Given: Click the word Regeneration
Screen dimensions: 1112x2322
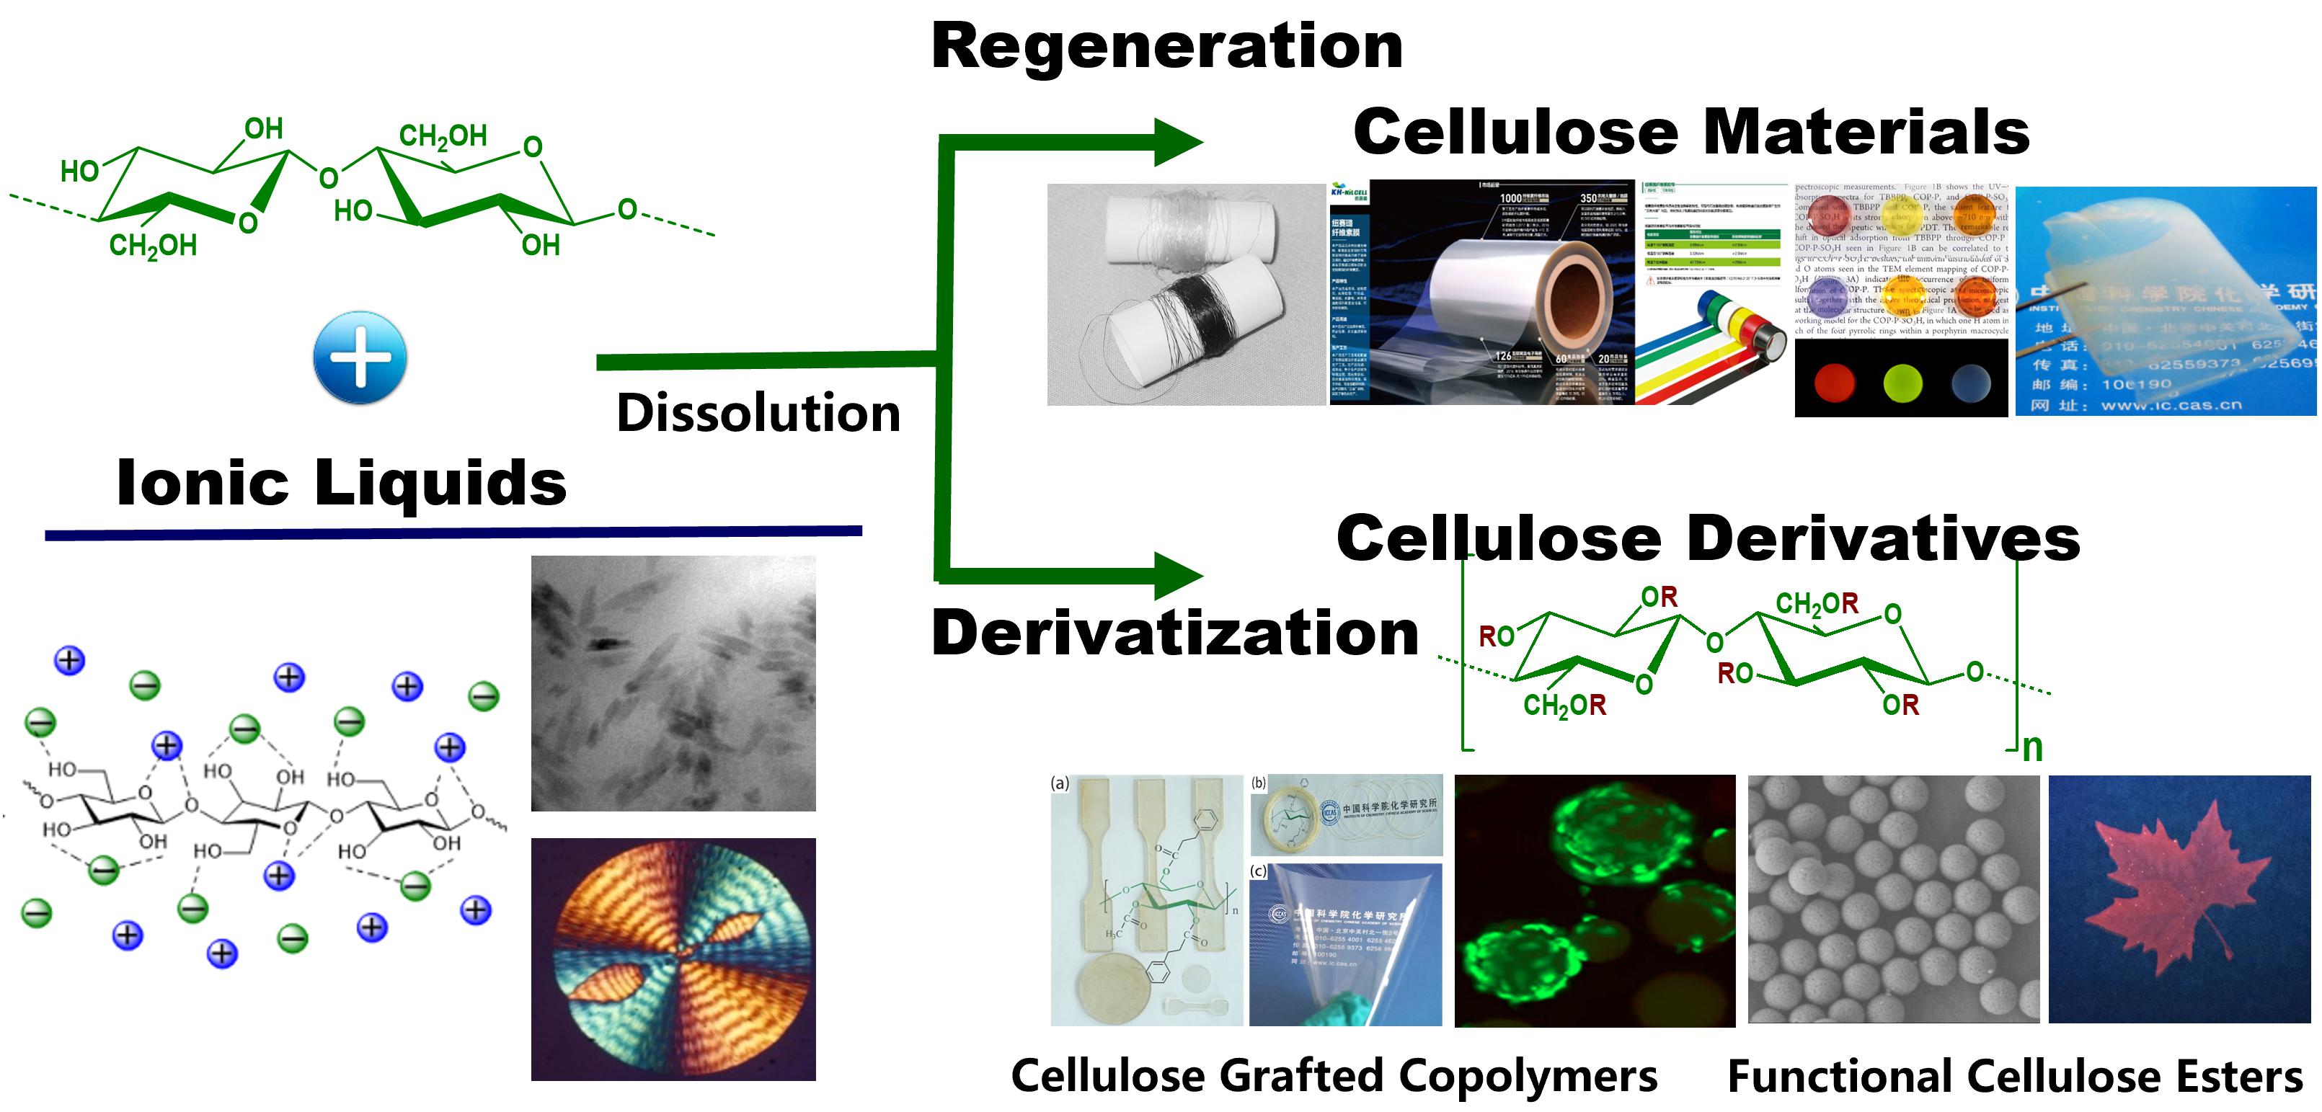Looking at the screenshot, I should click(1166, 47).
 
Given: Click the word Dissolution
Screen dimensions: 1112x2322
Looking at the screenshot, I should click(758, 414).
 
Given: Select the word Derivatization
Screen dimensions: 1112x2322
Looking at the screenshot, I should click(1174, 633).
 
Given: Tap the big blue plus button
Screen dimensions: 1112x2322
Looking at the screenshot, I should click(360, 357).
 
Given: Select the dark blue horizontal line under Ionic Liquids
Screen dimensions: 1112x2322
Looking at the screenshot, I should click(453, 533).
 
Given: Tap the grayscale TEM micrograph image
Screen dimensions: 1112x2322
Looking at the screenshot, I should click(673, 683).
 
